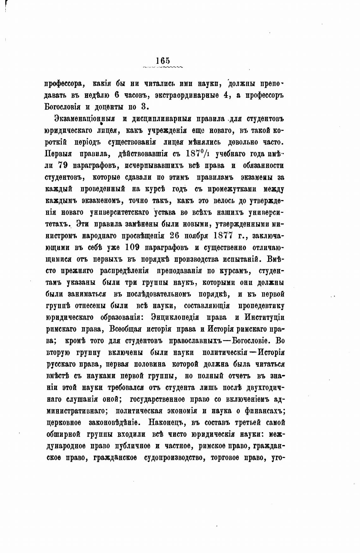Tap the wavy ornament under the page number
tap(163, 67)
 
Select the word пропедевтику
tap(261, 306)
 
